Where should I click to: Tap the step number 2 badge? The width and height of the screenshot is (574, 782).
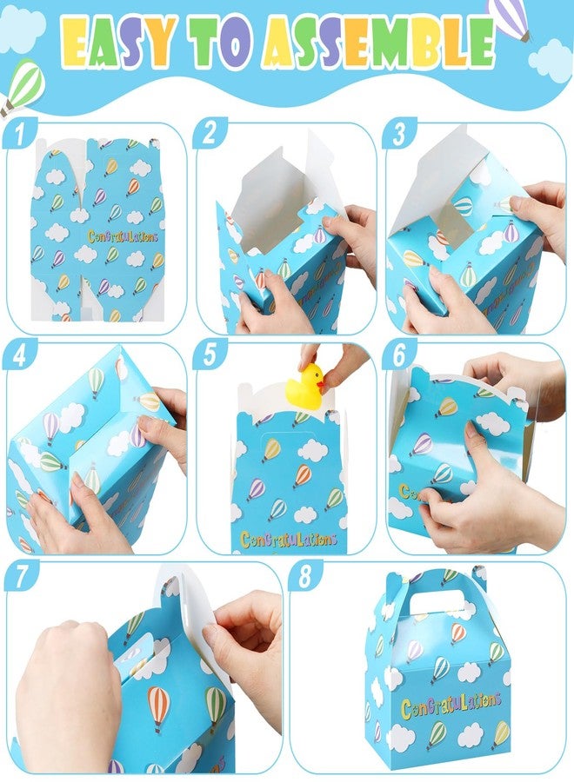point(210,133)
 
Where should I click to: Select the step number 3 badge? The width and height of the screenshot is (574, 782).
point(399,133)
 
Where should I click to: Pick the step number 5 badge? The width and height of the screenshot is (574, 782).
point(210,355)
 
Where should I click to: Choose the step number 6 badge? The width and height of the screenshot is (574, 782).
point(399,355)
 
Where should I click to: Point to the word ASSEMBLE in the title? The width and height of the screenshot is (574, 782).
point(380,42)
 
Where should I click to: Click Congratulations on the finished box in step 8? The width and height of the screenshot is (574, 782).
point(451,706)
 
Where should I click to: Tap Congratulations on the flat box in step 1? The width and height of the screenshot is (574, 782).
point(123,235)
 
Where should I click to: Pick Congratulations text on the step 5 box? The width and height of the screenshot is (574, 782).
point(289,540)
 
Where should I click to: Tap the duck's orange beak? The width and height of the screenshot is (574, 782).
point(321,383)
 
